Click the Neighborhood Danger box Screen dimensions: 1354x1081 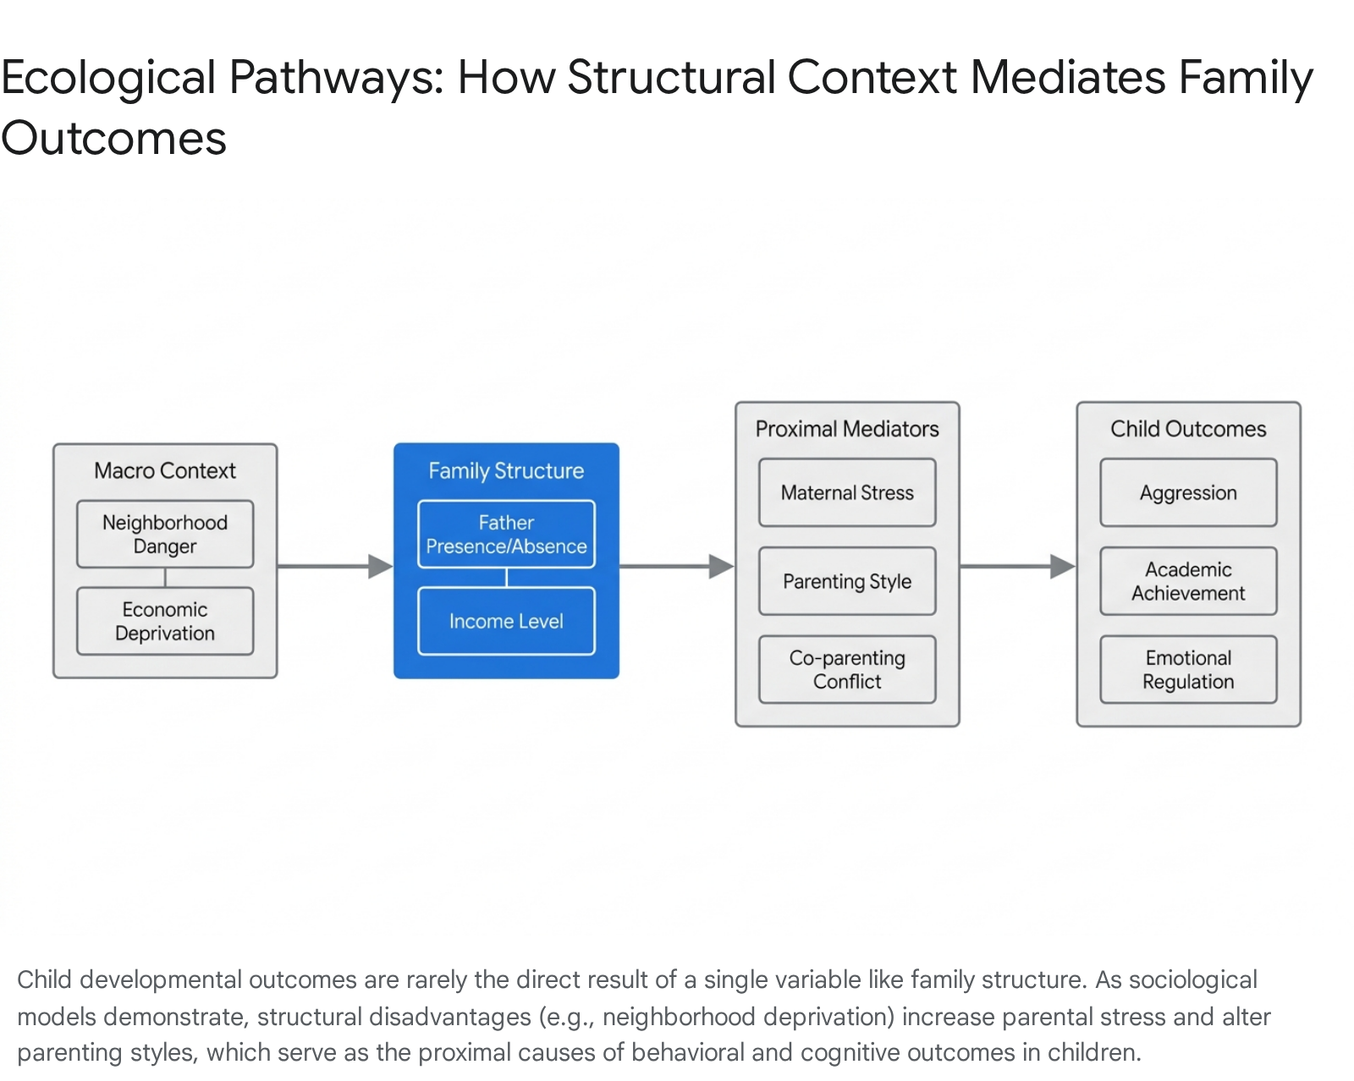tap(165, 534)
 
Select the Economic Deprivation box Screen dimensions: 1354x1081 tap(165, 621)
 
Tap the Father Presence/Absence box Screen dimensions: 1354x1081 tap(506, 534)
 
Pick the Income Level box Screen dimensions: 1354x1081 tap(506, 621)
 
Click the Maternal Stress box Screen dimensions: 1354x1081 tap(847, 492)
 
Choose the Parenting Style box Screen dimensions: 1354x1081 tap(847, 581)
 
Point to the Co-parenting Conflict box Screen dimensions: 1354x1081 tap(847, 669)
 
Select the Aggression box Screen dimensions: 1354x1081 tap(1188, 492)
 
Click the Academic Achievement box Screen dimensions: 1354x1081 tap(1188, 581)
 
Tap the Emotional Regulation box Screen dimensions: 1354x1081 tap(1188, 669)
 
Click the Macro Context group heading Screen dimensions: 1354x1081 tap(165, 470)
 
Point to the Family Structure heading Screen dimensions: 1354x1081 tap(506, 471)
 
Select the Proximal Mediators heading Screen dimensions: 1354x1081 tap(847, 429)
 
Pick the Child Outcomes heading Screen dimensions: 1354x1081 tap(1188, 429)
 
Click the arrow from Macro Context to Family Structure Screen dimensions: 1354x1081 tap(335, 566)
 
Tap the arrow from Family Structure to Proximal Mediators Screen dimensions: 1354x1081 tap(677, 566)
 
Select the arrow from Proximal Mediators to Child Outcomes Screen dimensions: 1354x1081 tap(1018, 566)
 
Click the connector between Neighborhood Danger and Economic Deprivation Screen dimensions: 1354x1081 tap(165, 577)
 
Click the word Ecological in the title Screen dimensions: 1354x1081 tap(108, 78)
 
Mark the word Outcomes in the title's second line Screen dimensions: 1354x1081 tap(114, 139)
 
